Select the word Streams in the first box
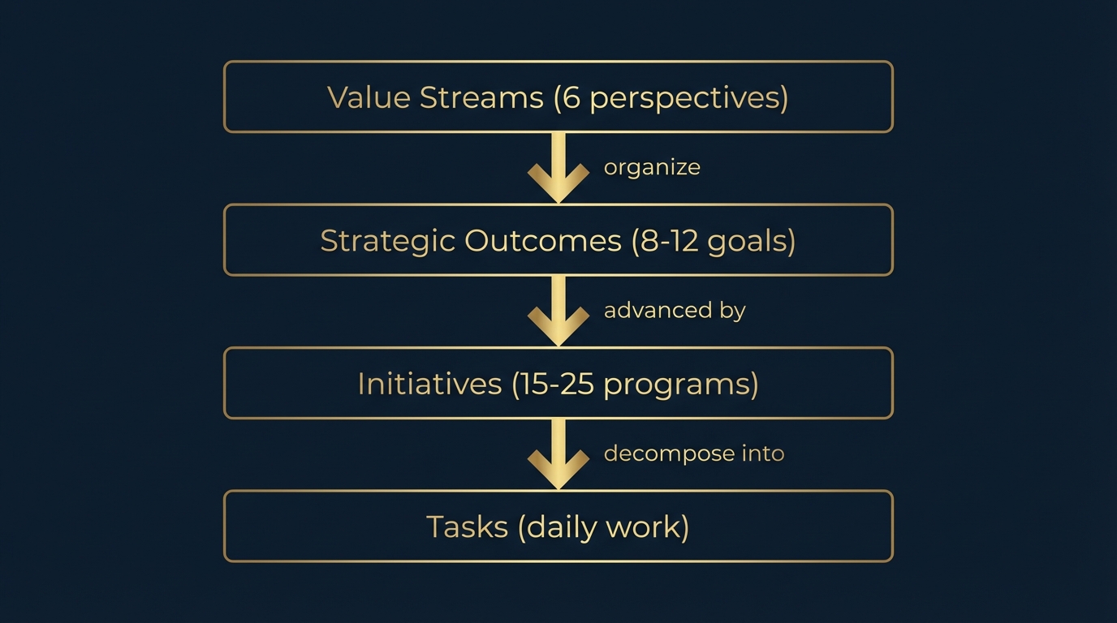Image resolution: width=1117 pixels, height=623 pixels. pos(481,97)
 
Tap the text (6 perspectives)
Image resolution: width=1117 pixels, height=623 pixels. pos(671,98)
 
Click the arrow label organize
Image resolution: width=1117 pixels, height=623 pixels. pos(652,167)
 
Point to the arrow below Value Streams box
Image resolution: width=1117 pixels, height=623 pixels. pos(558,168)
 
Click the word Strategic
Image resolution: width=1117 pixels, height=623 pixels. pos(387,241)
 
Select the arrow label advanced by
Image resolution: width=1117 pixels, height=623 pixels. pos(675,311)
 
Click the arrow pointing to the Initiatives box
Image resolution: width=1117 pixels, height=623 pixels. pos(558,311)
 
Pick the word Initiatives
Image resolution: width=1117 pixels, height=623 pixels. pos(429,384)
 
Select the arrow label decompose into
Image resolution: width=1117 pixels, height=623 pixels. pos(694,453)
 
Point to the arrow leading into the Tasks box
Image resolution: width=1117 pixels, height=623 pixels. pos(558,454)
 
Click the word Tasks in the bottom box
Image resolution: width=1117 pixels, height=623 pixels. pos(466,527)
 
